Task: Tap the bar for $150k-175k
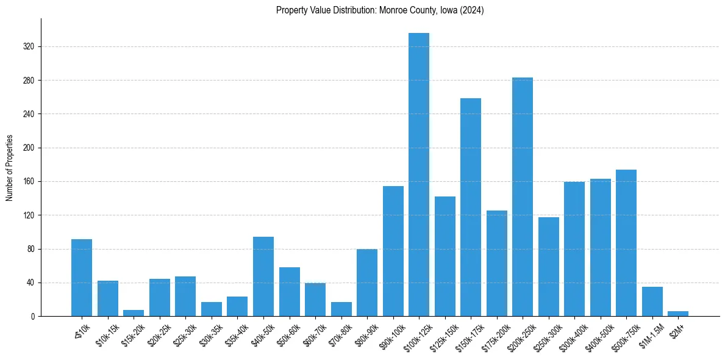pyautogui.click(x=471, y=207)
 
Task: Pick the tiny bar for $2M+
pyautogui.click(x=678, y=314)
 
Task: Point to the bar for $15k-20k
pyautogui.click(x=134, y=313)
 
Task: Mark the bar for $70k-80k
pyautogui.click(x=341, y=309)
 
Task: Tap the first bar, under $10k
pyautogui.click(x=82, y=278)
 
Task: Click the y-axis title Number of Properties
pyautogui.click(x=9, y=168)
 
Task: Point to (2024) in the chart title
pyautogui.click(x=473, y=10)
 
